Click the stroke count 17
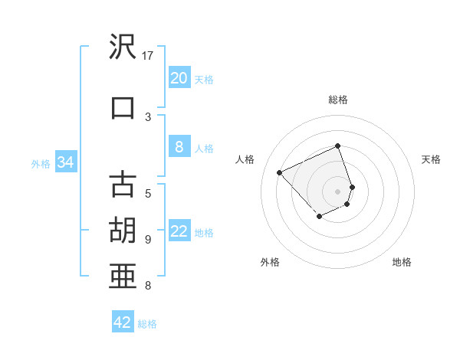click(149, 55)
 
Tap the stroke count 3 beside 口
click(148, 116)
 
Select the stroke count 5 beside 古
click(148, 192)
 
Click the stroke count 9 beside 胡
click(148, 239)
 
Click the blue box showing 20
click(179, 77)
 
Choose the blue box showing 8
click(179, 147)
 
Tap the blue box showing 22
click(179, 232)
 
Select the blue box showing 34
click(65, 162)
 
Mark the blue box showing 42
click(123, 322)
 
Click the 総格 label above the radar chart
click(338, 100)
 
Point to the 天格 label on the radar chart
click(432, 159)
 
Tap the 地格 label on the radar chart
click(402, 262)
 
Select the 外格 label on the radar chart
click(270, 262)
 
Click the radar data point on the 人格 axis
click(280, 172)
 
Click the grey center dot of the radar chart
click(337, 191)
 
